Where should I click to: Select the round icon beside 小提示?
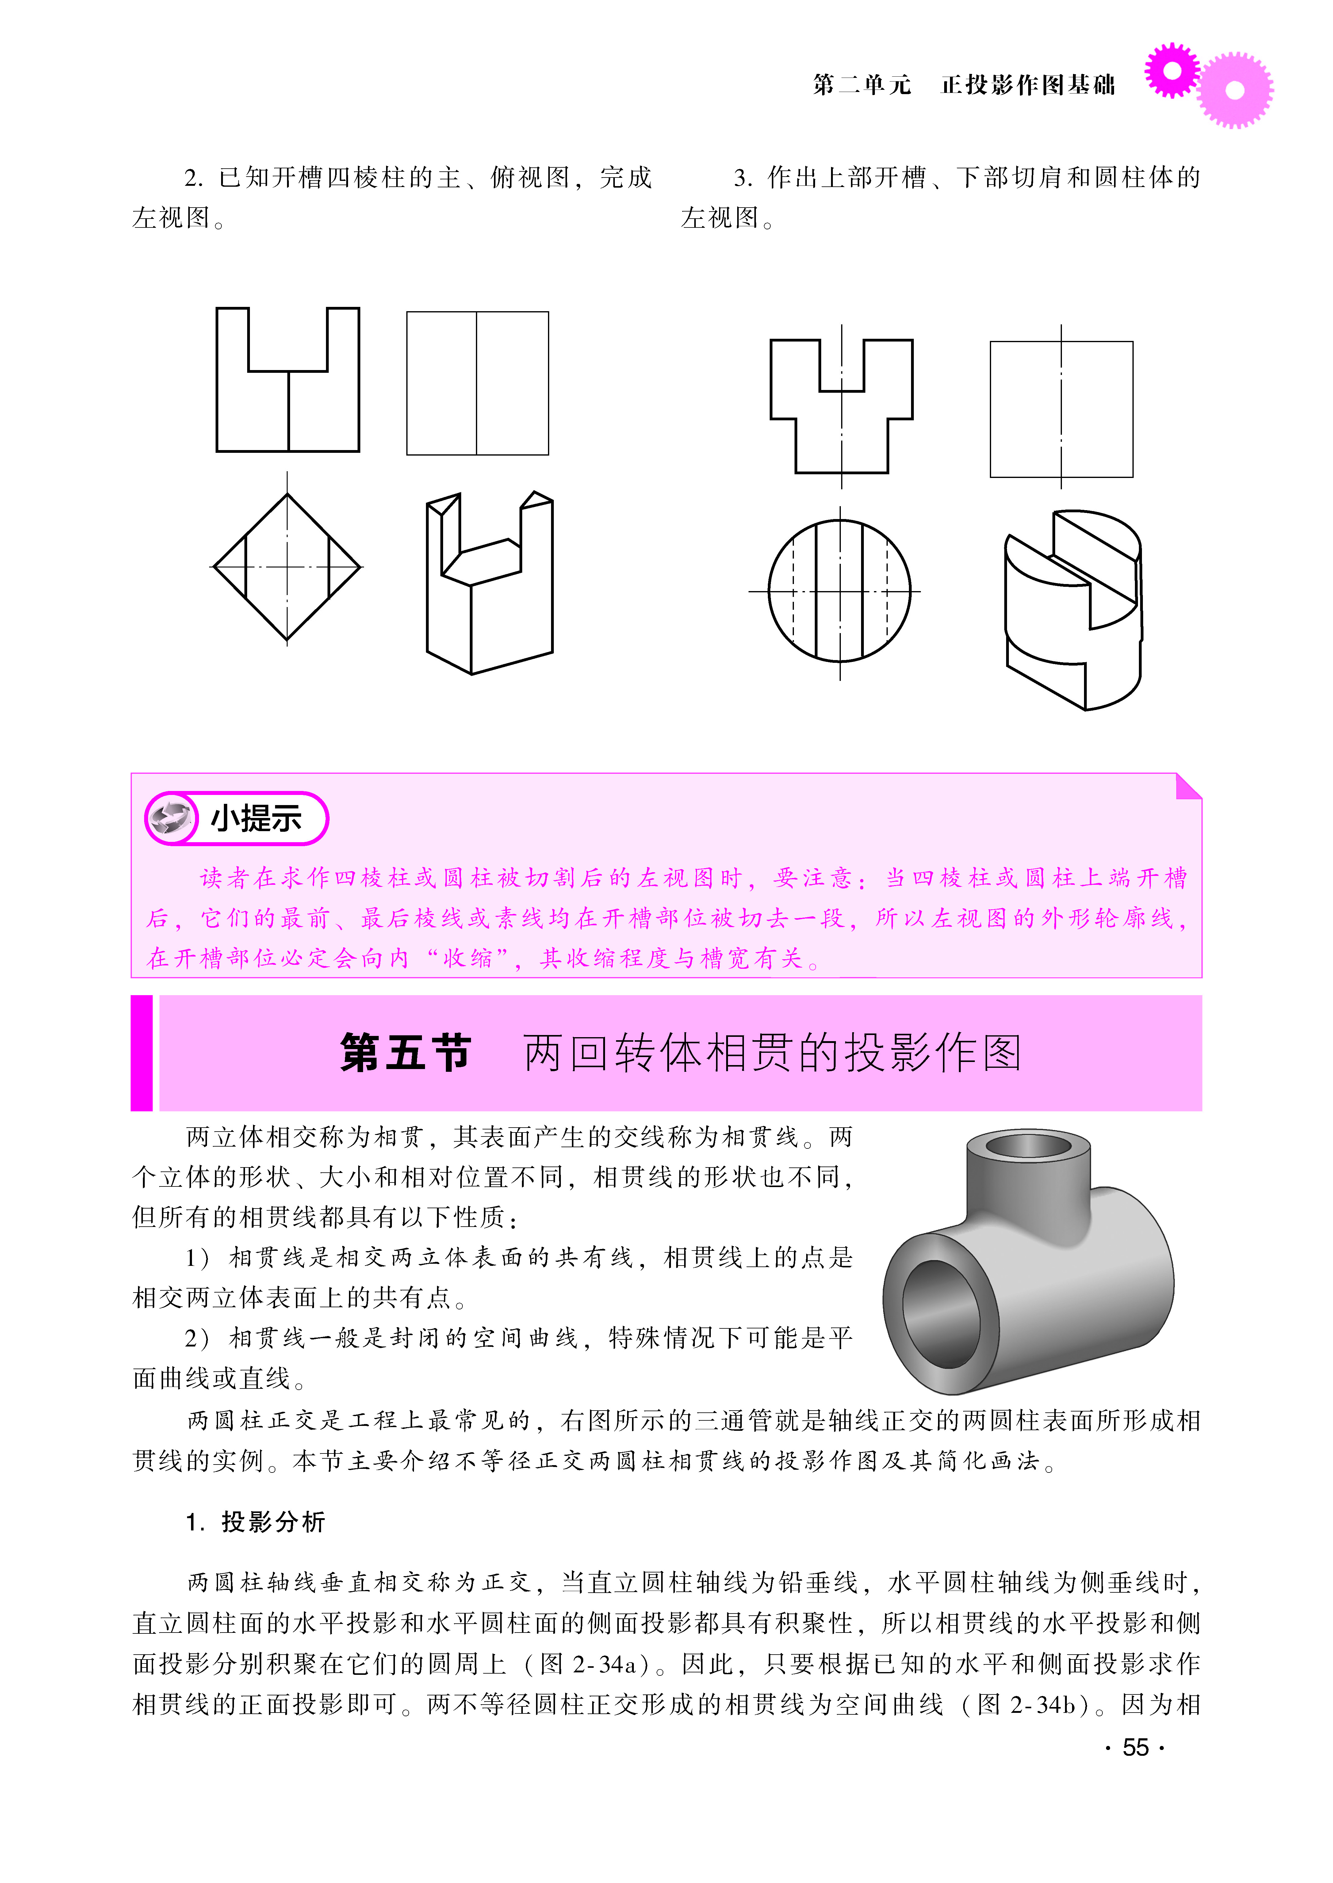click(171, 818)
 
